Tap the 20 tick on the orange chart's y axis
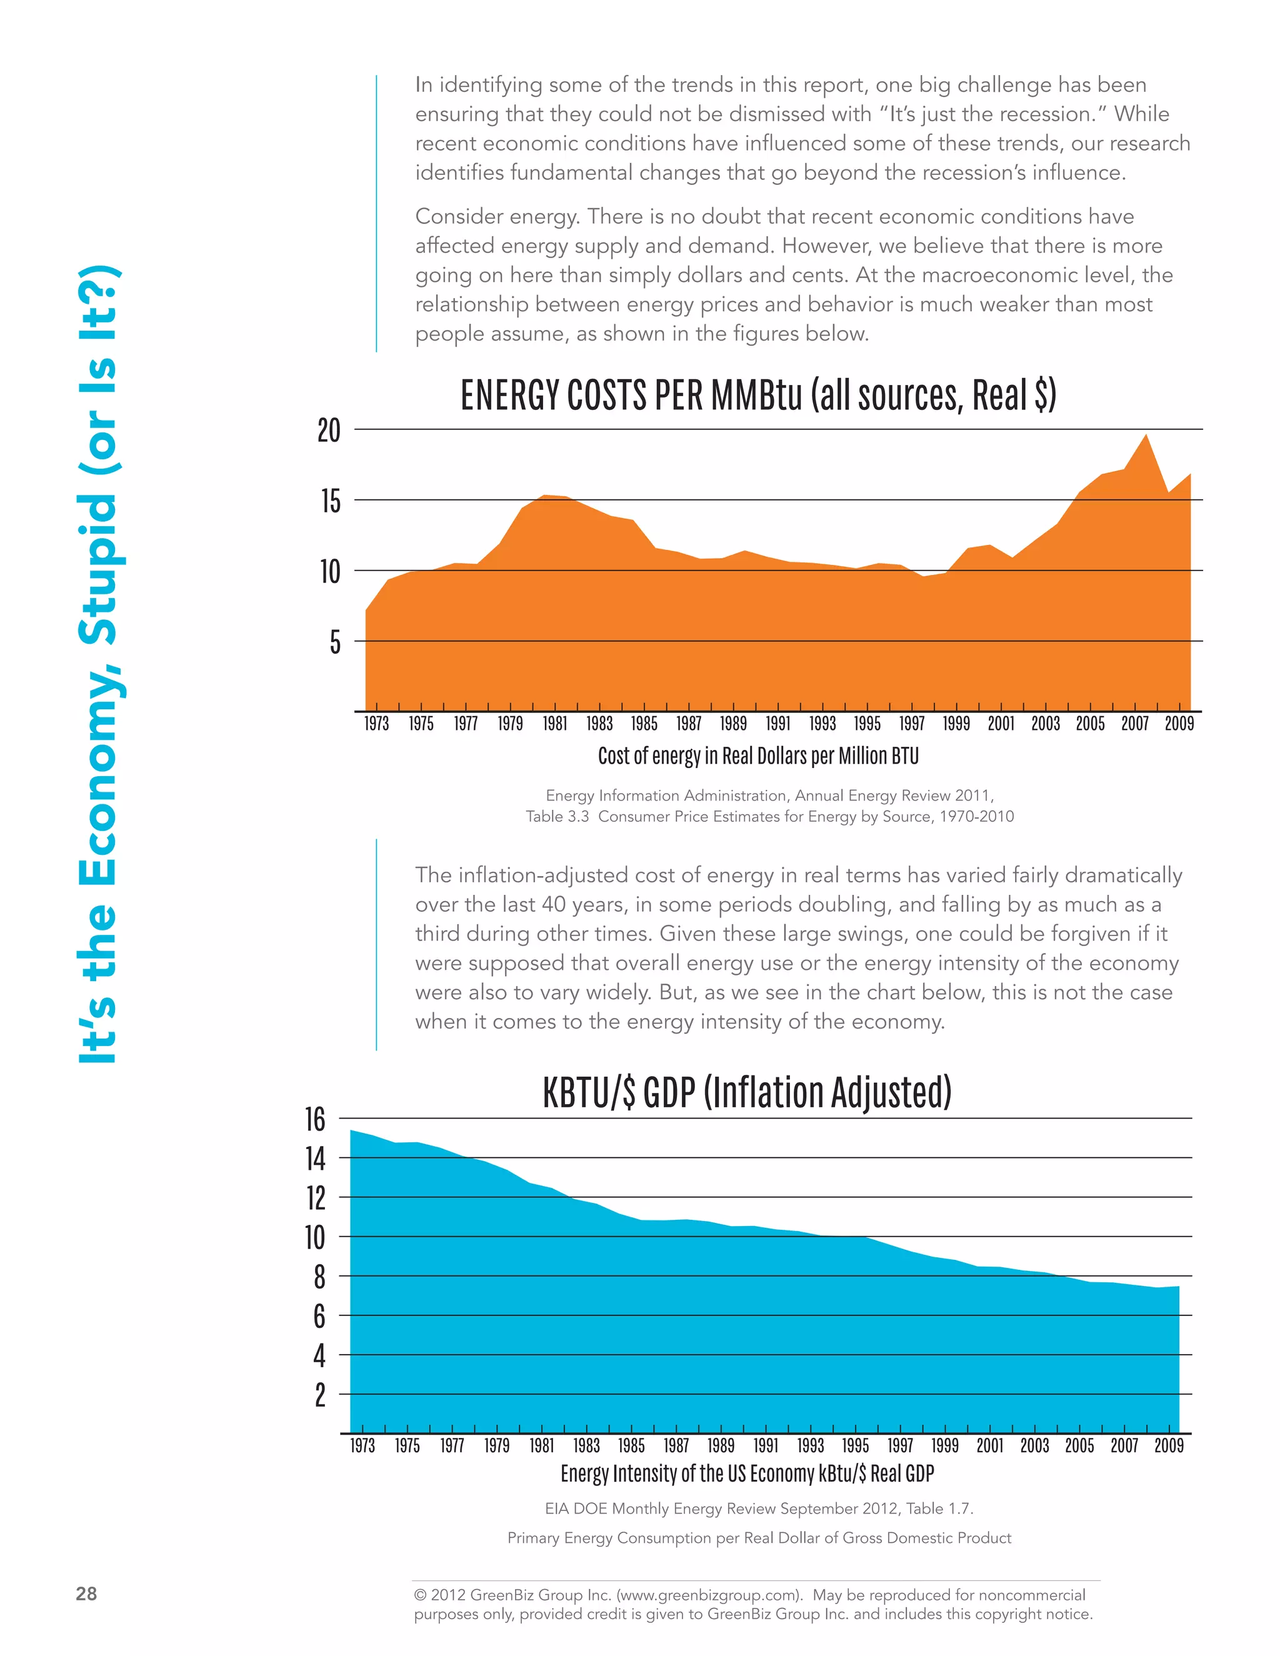tap(329, 431)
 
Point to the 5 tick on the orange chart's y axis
tap(334, 642)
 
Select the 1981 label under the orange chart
tap(554, 724)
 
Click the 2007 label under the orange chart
tap(1134, 724)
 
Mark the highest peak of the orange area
tap(1146, 435)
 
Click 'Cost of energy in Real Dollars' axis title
tap(757, 756)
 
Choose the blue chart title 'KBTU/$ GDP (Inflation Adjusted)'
tap(747, 1092)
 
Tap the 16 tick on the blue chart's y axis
tap(316, 1119)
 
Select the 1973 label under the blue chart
tap(362, 1445)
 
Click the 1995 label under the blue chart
tap(856, 1445)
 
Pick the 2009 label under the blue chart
tap(1169, 1445)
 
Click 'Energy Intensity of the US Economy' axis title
tap(747, 1474)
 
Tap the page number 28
tap(86, 1594)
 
